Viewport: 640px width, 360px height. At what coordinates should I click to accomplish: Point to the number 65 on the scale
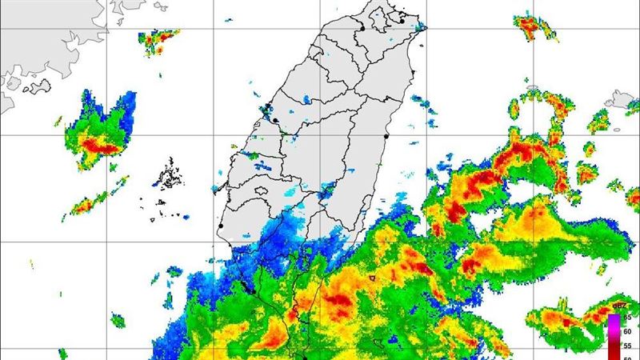626,318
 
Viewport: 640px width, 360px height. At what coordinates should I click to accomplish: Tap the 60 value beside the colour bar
626,332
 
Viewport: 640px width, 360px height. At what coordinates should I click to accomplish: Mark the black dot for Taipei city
362,29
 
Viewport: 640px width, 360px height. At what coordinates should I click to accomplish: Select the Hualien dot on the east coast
386,137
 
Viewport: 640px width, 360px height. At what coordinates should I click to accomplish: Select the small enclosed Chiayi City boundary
258,190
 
